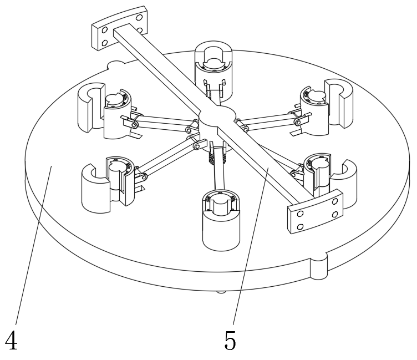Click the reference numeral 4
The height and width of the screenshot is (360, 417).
(11, 341)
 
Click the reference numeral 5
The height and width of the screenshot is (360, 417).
(230, 341)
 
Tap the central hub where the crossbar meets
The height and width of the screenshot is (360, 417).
(217, 117)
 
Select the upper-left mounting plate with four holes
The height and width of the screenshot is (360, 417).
(119, 28)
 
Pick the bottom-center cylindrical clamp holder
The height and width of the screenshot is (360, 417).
(221, 220)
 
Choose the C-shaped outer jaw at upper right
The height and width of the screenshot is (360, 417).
(339, 103)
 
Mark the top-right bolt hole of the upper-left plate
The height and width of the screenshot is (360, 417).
(139, 18)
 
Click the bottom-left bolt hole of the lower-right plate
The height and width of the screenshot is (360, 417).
(300, 227)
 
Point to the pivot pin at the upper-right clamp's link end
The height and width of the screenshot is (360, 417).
(298, 122)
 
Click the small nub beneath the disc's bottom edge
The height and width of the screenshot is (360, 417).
(221, 292)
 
